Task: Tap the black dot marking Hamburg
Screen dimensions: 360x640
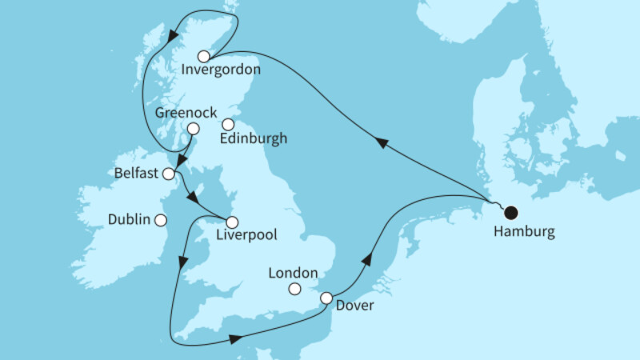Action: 510,212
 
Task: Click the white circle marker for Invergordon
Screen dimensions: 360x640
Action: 204,56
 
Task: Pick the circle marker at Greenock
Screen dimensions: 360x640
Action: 193,129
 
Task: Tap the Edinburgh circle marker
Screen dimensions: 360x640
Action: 228,124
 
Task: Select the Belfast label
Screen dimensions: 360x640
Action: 138,173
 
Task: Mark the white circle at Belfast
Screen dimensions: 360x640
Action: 169,174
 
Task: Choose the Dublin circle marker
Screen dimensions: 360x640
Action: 161,220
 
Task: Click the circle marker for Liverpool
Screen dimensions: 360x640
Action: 232,222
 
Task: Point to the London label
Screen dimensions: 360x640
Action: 294,272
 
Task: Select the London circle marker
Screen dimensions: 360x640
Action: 295,289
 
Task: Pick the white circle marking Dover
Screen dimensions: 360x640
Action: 326,298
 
